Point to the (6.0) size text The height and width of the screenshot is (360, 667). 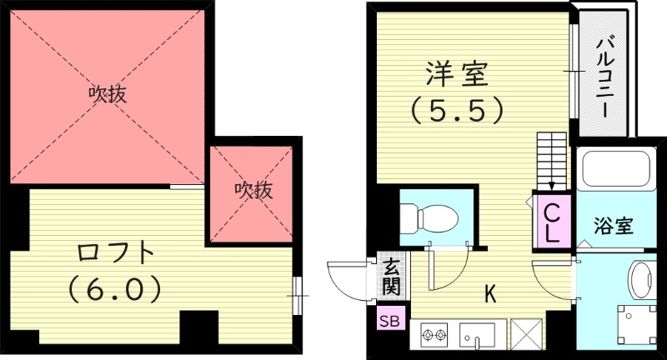click(113, 288)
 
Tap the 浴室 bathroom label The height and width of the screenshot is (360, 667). click(614, 225)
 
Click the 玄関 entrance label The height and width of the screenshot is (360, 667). click(391, 276)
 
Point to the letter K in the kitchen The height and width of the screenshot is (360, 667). click(491, 293)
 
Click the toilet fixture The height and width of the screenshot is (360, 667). click(429, 218)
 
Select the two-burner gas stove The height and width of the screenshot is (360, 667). click(434, 337)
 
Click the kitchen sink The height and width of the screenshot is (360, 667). click(479, 337)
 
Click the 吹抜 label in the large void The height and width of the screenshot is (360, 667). click(108, 94)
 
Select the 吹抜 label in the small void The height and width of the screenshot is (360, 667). click(253, 190)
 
